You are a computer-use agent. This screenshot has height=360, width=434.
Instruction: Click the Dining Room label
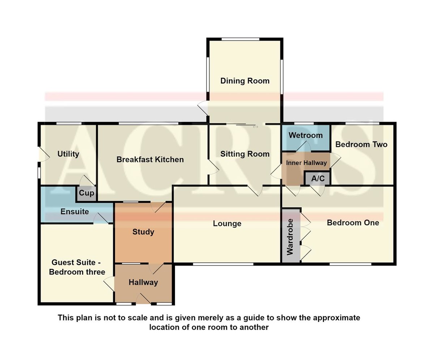(245, 81)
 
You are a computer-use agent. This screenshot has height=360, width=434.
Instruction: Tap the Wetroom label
(306, 135)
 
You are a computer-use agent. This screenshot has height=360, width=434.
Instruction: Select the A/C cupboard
(318, 178)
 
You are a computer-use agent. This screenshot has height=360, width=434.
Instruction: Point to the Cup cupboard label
(86, 193)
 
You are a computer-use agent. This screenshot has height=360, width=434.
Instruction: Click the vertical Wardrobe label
(290, 237)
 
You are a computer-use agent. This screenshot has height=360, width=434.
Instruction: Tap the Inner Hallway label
(306, 163)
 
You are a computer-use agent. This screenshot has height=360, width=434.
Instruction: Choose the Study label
(143, 232)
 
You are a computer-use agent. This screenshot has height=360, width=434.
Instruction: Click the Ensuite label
(75, 212)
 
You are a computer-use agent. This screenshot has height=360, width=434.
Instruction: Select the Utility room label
(68, 154)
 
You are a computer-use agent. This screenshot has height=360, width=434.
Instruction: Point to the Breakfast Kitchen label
(150, 160)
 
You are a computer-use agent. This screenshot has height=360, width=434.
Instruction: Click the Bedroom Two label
(361, 144)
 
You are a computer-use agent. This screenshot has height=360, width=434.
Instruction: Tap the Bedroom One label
(353, 223)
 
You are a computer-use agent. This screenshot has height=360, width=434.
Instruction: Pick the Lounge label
(227, 224)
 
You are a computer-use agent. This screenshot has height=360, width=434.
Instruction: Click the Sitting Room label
(245, 154)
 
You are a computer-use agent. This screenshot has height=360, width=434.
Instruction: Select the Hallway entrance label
(143, 283)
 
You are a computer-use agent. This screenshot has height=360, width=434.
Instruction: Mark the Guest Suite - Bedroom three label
(77, 267)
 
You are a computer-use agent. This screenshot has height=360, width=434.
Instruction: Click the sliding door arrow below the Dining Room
(255, 127)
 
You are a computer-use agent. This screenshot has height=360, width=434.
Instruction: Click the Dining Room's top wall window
(241, 39)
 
